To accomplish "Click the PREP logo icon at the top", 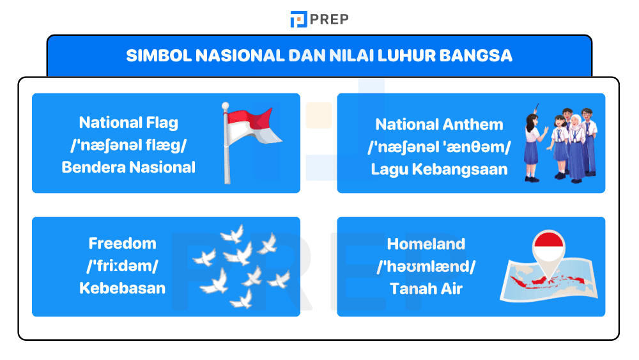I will (x=298, y=19).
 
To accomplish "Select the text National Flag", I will (x=128, y=122).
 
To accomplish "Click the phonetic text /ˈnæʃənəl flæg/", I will (x=128, y=145).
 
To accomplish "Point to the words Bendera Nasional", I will (x=128, y=168).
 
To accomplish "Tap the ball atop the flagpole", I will (x=225, y=106).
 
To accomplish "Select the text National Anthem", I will (x=439, y=125).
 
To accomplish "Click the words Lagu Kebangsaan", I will (x=439, y=169).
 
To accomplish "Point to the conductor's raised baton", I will (x=534, y=107).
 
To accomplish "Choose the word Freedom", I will (x=122, y=244).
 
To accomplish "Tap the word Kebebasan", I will (x=122, y=288).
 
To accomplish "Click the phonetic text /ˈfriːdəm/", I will (x=122, y=266).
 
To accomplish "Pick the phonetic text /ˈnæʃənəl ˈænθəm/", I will (x=439, y=147).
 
